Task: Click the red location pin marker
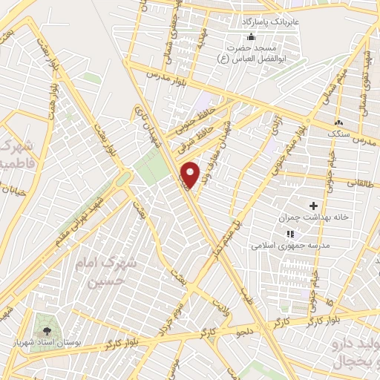191,175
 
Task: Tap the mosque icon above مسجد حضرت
251,37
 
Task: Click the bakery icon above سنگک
341,121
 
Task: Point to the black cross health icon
312,206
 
